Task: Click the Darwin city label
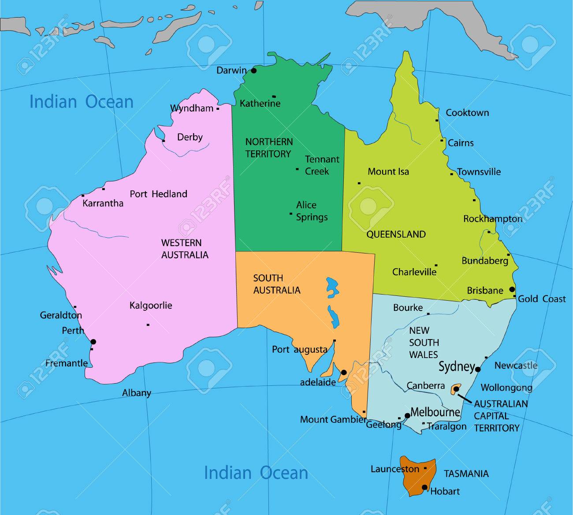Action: tap(231, 70)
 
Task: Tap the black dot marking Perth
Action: tap(93, 342)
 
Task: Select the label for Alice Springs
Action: tap(312, 211)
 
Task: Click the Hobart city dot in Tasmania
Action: tap(424, 487)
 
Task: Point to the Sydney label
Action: tap(456, 366)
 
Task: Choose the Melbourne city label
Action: tap(435, 412)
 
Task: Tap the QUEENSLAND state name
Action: tap(396, 234)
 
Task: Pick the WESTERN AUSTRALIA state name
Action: tap(185, 249)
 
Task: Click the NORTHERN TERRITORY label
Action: tap(269, 148)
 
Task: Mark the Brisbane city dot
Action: tap(512, 289)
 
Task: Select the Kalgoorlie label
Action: tap(151, 305)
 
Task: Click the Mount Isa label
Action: tap(388, 172)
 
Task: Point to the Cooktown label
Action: tap(467, 112)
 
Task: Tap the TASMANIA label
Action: tap(466, 474)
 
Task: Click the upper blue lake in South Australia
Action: tap(332, 287)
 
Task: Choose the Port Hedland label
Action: tap(158, 194)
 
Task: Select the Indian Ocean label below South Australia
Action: tap(256, 473)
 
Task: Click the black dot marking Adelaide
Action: tap(344, 372)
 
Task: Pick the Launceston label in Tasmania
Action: tap(394, 469)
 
